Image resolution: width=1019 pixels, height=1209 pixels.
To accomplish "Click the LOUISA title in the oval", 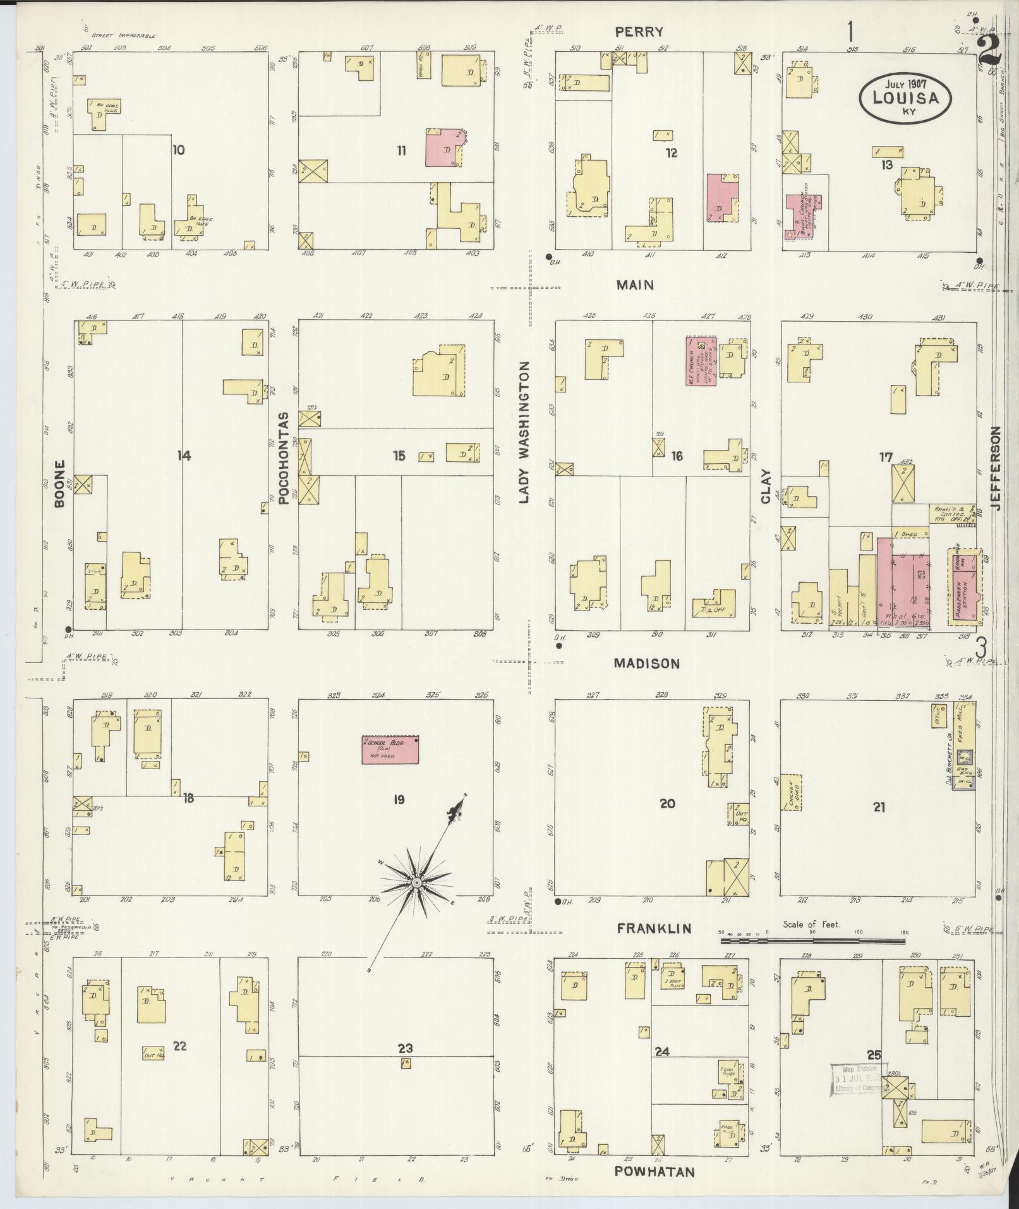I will [905, 98].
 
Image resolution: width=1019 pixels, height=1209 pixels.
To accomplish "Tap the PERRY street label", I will [640, 32].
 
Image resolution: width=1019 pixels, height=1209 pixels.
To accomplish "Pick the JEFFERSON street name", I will [996, 468].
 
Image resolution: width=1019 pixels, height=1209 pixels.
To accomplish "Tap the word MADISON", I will [648, 664].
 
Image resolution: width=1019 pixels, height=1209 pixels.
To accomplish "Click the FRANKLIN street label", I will [654, 928].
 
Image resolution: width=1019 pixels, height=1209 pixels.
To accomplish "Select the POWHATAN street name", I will [655, 1172].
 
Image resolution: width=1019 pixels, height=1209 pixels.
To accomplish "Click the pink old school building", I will [390, 750].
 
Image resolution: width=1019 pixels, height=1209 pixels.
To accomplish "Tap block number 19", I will [398, 800].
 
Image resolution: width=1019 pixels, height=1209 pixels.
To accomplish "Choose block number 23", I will [405, 1048].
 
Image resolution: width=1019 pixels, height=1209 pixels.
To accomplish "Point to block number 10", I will [179, 150].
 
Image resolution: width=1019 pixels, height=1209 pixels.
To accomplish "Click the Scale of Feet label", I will [811, 924].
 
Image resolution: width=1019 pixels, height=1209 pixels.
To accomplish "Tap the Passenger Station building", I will [964, 587].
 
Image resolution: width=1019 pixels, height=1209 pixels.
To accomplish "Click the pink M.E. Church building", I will [701, 361].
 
